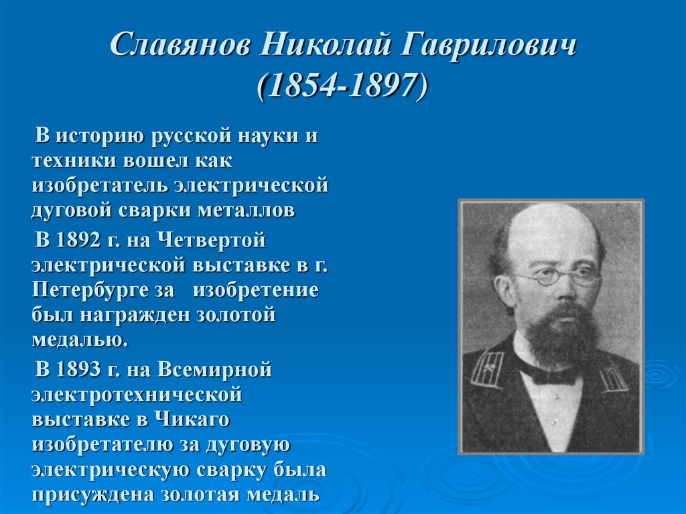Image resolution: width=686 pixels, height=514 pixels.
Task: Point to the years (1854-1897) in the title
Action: click(342, 86)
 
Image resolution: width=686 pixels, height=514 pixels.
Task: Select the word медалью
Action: click(79, 340)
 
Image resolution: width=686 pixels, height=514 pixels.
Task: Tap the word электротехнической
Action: click(136, 394)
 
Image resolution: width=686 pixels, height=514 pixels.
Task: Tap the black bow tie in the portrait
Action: click(549, 373)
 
